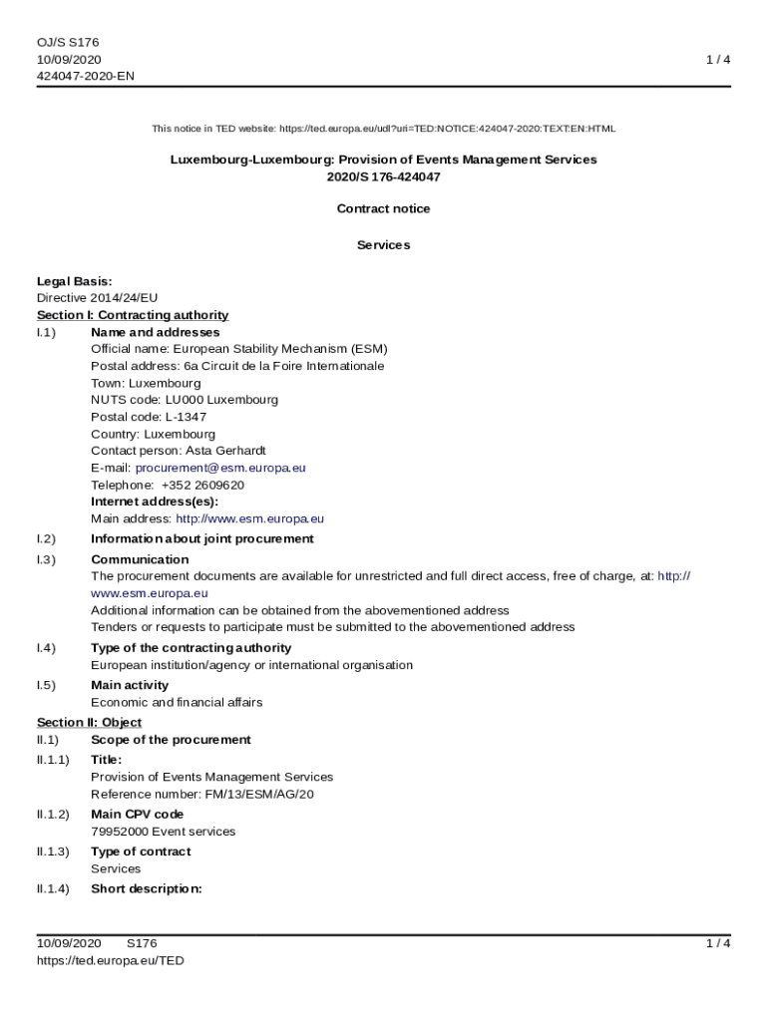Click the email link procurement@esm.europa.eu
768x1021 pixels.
tap(220, 468)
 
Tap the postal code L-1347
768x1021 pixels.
tap(186, 417)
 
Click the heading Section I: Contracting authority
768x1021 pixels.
tap(133, 315)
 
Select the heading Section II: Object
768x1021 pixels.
tap(89, 722)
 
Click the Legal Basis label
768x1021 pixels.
tap(74, 281)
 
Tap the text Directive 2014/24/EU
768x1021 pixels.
tap(97, 298)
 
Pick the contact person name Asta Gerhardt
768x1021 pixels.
tap(225, 451)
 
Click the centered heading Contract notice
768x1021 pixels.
tap(383, 208)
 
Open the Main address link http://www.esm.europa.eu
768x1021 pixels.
tap(249, 518)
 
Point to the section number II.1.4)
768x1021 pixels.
tap(53, 888)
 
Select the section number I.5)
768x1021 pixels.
tap(46, 685)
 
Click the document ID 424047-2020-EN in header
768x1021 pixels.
tap(86, 76)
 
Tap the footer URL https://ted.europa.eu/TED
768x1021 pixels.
tap(110, 960)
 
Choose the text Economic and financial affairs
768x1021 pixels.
tap(177, 702)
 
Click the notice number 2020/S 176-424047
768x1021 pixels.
tap(383, 176)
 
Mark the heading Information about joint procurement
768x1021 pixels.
tap(201, 538)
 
